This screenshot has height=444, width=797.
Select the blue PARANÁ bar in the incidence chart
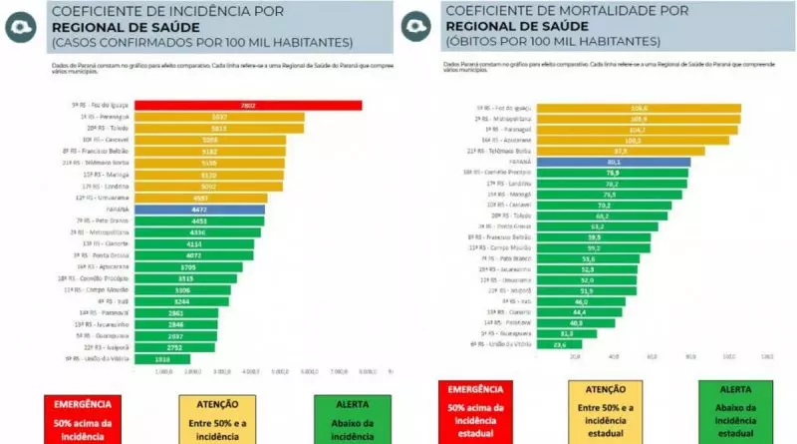[x=199, y=210]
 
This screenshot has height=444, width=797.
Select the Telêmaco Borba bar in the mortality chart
[x=619, y=151]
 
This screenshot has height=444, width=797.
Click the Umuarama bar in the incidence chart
[x=200, y=199]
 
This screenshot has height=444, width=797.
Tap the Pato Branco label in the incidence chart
[x=100, y=220]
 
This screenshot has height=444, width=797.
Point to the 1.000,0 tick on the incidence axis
[x=164, y=371]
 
